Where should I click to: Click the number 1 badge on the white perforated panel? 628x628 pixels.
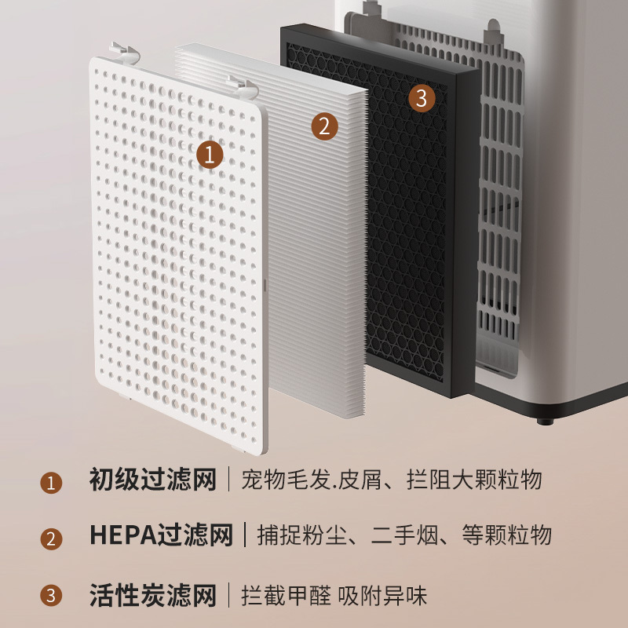209,154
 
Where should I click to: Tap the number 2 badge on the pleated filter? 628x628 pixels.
323,126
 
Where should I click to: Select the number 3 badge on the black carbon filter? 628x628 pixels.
422,98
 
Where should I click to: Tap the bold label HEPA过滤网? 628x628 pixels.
161,536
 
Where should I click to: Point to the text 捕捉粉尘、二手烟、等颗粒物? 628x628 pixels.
404,536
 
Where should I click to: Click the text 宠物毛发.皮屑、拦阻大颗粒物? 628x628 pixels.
392,480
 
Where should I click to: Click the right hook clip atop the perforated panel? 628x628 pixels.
244,84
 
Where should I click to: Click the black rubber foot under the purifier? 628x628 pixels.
542,420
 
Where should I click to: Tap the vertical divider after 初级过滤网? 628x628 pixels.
229,480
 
